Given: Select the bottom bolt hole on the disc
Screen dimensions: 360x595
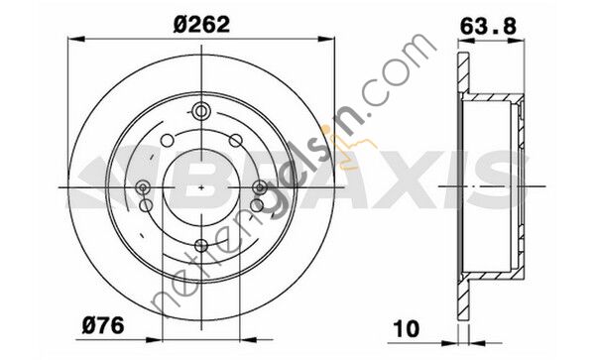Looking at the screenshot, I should tap(201, 245).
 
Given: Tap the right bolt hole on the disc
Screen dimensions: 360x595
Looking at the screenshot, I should tap(261, 186).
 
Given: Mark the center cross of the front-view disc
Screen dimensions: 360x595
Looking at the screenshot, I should tap(201, 186).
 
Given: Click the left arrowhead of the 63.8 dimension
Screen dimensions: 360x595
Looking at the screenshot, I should tap(458, 41).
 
